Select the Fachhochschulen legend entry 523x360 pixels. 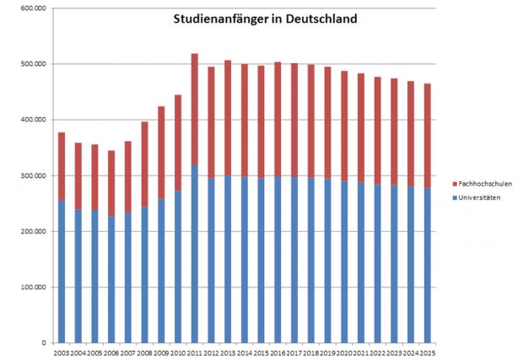coord(483,183)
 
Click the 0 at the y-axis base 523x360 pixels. coord(42,343)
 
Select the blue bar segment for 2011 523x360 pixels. coord(195,254)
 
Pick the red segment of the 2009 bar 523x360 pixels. coord(161,153)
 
